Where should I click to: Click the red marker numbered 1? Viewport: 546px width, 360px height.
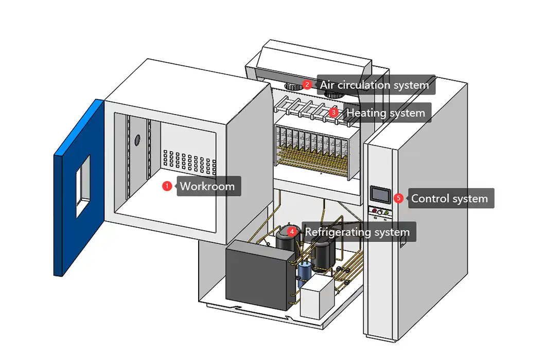point(167,186)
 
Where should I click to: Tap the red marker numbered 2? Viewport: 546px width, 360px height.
point(307,85)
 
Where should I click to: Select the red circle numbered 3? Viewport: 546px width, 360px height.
point(333,112)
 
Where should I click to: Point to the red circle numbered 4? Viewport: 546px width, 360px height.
point(292,231)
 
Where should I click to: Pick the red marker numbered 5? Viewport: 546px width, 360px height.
point(398,198)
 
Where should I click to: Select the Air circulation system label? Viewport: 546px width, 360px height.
point(375,85)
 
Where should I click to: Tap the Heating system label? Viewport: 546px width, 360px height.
point(386,113)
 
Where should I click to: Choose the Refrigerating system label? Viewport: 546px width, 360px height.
point(357,232)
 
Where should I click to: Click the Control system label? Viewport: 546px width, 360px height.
point(450,199)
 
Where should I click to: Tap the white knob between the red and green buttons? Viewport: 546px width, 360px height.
point(380,212)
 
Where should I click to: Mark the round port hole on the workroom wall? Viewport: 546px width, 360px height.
point(137,139)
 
